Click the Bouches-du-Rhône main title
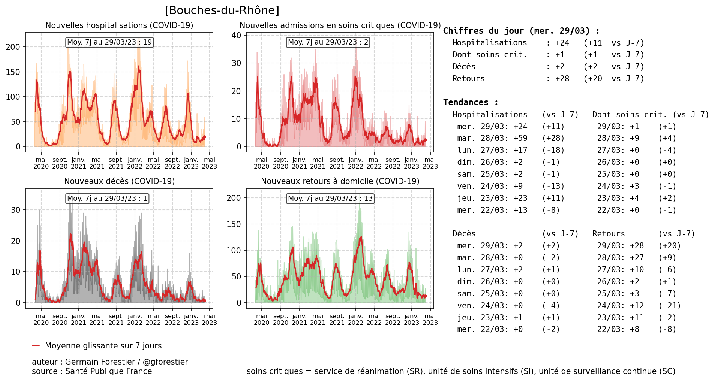(x=222, y=10)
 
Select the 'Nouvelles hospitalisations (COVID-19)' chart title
(x=119, y=25)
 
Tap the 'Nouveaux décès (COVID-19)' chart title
(x=119, y=181)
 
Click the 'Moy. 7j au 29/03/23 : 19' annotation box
(x=109, y=42)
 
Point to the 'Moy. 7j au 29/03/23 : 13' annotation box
(x=330, y=199)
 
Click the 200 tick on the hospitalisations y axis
(x=13, y=47)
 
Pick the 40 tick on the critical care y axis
(x=236, y=36)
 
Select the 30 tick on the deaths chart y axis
(x=15, y=210)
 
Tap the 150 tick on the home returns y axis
(x=234, y=224)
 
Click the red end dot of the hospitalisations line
(x=204, y=137)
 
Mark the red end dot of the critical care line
(x=425, y=140)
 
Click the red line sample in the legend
(x=36, y=346)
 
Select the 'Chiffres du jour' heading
(x=521, y=31)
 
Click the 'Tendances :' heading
(x=471, y=103)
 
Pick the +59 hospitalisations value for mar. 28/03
(x=520, y=139)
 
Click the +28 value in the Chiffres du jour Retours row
(x=562, y=79)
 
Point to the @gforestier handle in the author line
(x=165, y=362)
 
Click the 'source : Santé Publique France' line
(x=92, y=371)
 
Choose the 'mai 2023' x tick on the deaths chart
(x=209, y=320)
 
